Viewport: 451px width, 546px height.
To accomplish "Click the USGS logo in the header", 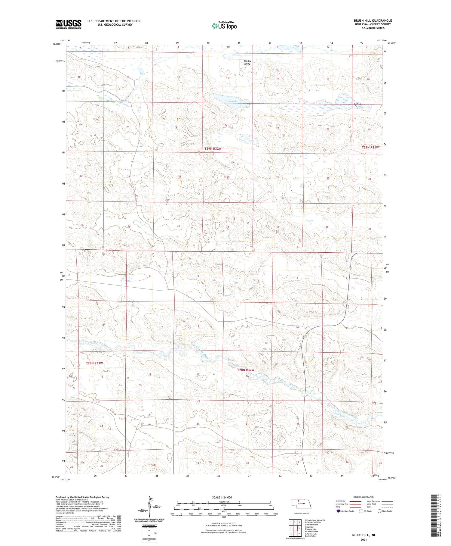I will tap(69, 24).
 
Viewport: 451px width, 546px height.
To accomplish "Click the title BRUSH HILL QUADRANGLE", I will tap(373, 20).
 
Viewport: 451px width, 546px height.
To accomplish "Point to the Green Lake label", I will tap(231, 101).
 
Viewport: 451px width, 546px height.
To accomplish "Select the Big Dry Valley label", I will tap(247, 62).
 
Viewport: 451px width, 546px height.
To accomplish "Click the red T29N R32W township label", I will tap(213, 148).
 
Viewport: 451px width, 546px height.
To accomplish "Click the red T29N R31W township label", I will tap(370, 148).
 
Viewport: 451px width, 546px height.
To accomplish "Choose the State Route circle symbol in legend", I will tap(379, 511).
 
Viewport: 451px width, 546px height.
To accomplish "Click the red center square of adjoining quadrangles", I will tap(299, 528).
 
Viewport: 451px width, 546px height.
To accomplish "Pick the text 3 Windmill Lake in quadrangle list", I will tap(311, 525).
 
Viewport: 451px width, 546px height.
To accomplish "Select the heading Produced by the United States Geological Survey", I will tap(82, 497).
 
